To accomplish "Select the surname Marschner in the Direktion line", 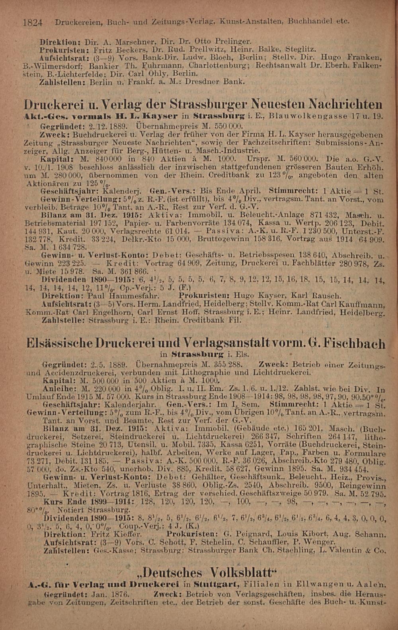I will [134, 41].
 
